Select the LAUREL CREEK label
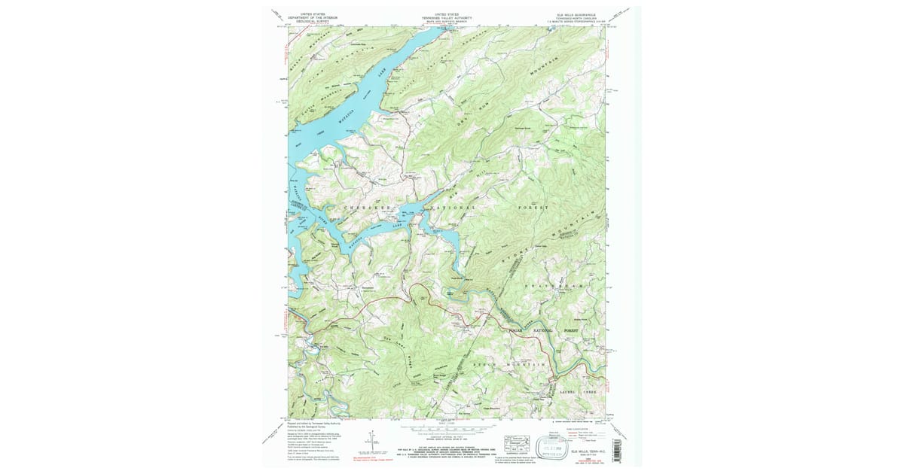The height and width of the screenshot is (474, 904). click(x=576, y=393)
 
